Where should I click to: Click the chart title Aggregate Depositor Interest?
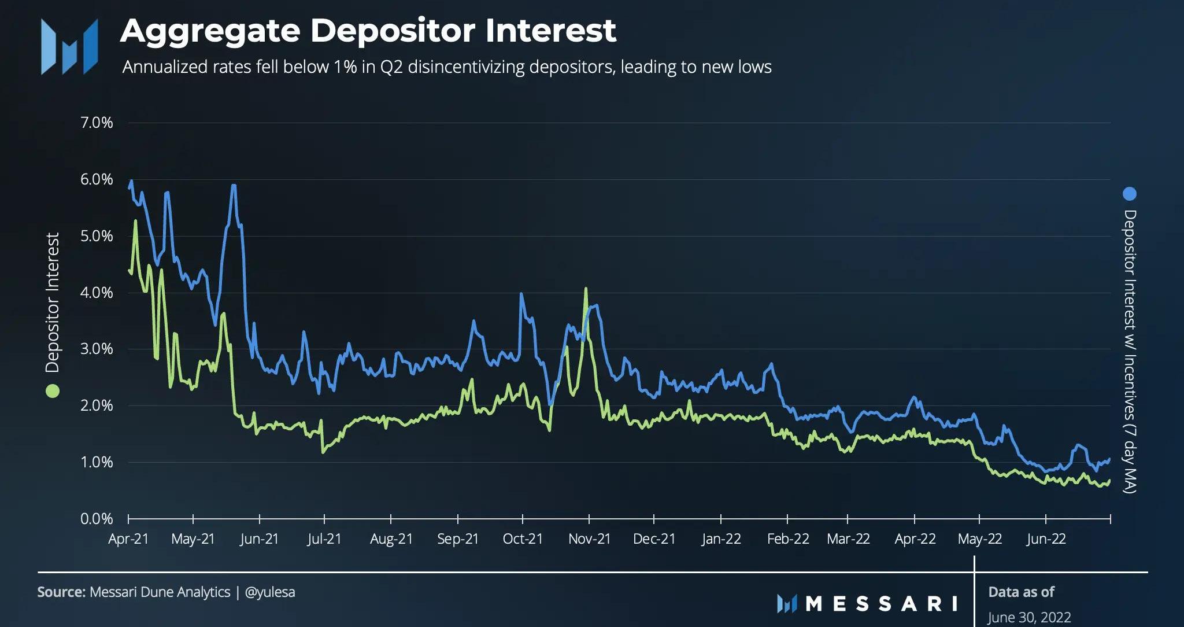pos(368,31)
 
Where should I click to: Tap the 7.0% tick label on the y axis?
pos(97,123)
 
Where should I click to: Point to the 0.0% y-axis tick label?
pos(97,519)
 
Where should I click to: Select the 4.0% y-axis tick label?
pos(97,293)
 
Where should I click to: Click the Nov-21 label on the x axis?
pos(589,539)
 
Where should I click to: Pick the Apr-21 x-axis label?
pos(128,539)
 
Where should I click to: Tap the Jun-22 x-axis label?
pos(1045,539)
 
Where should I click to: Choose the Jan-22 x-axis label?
pos(721,539)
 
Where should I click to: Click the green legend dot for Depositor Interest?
pos(53,391)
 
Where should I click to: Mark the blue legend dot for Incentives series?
pos(1129,194)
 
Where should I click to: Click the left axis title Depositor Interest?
pos(53,303)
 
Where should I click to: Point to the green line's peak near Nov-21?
pos(586,289)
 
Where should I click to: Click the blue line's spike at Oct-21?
pos(521,294)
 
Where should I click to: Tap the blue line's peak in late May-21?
pos(233,186)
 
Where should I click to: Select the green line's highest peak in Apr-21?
pos(135,220)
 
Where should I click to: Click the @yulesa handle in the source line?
pos(270,592)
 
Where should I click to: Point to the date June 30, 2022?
pos(1029,618)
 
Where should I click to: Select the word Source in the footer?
pos(61,592)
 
